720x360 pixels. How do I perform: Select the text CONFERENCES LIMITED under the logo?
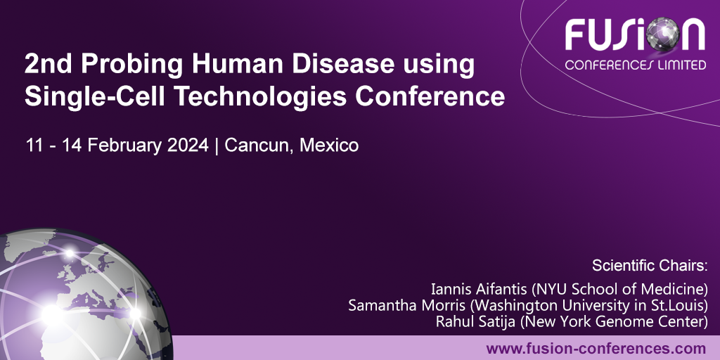tap(636, 65)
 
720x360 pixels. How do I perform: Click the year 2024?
tap(190, 146)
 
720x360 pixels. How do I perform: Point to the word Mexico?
tap(329, 146)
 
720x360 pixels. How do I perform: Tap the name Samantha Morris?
tap(399, 306)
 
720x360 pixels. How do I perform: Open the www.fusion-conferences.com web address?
tap(596, 348)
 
